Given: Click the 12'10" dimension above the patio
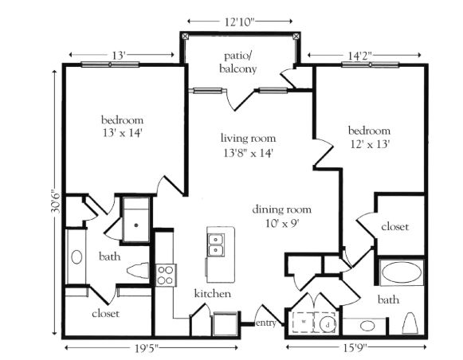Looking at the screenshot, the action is pos(240,22).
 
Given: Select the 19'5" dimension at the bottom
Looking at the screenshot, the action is pos(147,349).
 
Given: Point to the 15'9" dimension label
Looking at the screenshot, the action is pos(355,349).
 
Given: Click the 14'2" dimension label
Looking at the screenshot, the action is pos(359,56).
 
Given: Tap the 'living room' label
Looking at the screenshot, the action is pos(249,138).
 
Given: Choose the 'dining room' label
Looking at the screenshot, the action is pos(281,209).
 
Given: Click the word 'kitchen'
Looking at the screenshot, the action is pos(213,294).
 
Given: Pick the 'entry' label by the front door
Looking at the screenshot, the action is pos(265,323).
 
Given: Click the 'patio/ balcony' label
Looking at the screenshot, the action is pos(238,62).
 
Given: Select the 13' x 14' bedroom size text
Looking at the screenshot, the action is pos(122,133).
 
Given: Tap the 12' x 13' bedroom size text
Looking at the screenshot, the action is pos(371,144).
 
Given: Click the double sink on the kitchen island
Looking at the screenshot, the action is pos(216,245).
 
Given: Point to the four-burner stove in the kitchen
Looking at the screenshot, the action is pos(166,276).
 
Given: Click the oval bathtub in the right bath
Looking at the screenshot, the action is pos(402,272).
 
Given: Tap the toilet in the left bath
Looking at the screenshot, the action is pos(138,271).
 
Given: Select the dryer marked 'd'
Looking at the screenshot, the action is pos(328,324).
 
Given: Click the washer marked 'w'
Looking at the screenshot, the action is pos(304,323).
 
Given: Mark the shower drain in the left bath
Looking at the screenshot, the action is pos(136,225).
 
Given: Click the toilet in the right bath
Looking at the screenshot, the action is pos(410,323).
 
